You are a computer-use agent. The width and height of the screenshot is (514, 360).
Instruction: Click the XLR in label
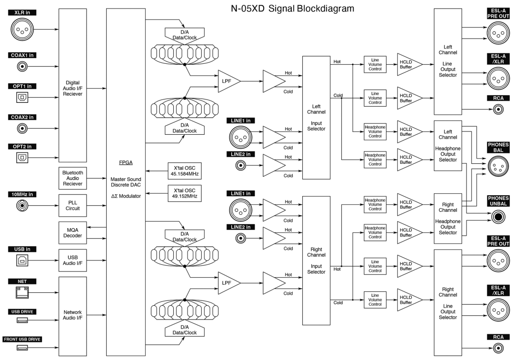coord(22,11)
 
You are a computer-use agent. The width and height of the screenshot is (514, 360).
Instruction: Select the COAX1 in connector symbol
coord(22,67)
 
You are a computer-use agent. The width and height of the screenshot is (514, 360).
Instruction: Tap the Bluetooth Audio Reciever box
coord(73,177)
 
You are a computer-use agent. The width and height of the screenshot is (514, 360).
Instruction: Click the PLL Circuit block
coord(73,205)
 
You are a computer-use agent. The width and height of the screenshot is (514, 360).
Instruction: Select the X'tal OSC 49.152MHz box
coord(183,193)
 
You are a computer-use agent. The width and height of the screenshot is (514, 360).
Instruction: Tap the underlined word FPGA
coord(126,162)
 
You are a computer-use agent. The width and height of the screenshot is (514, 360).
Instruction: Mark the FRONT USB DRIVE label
coord(22,339)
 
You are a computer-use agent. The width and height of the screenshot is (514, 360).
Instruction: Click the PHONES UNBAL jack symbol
coord(498,217)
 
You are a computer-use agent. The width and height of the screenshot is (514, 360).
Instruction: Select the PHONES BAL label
coord(498,147)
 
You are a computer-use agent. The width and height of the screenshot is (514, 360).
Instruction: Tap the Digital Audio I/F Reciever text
coord(73,88)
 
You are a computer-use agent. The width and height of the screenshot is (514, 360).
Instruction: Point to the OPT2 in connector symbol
coord(22,156)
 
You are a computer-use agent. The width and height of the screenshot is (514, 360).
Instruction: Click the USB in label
coord(22,249)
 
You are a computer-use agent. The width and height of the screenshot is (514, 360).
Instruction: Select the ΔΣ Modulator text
coord(126,196)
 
